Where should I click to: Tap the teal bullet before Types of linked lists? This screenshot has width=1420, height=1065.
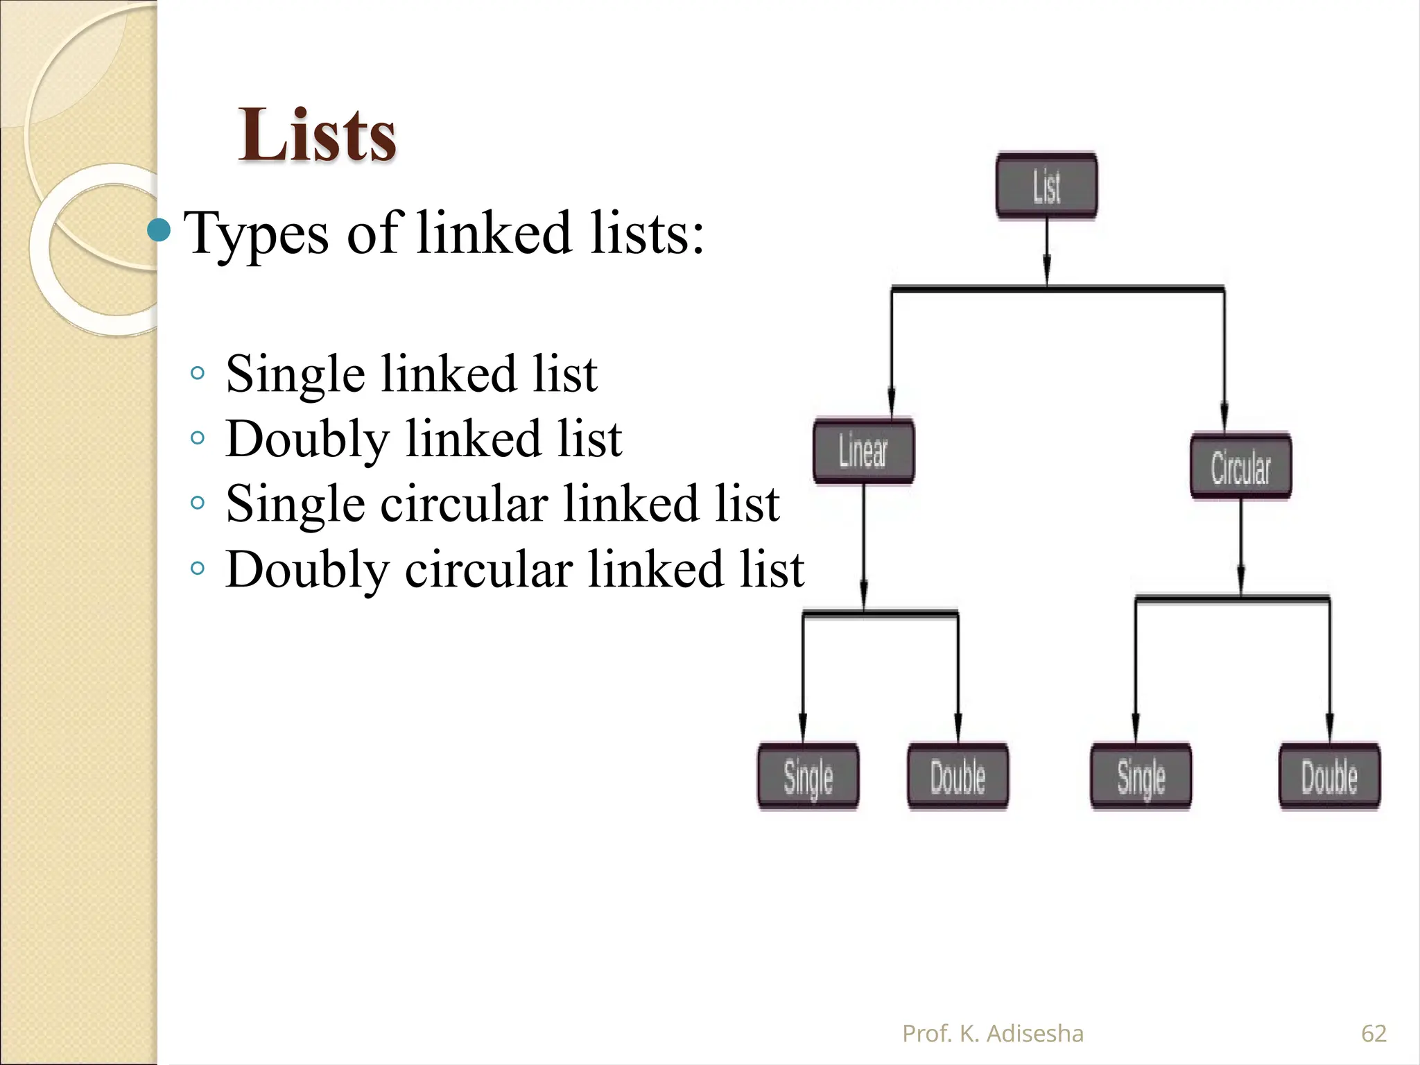coord(159,231)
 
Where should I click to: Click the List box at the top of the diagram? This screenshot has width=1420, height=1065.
coord(1046,186)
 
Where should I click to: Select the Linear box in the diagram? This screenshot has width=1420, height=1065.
coord(863,451)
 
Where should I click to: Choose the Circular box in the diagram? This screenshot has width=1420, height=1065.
coord(1240,467)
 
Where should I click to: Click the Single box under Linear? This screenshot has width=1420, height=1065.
coord(808,777)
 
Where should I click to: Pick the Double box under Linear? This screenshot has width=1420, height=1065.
coord(958,777)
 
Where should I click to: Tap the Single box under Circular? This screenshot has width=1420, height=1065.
coord(1141,777)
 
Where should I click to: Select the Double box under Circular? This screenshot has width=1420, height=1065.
coord(1329,777)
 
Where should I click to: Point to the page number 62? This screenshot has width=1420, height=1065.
coord(1374,1033)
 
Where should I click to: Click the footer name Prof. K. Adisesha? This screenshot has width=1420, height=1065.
coord(992,1033)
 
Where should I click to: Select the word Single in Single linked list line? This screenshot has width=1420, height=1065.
coord(295,375)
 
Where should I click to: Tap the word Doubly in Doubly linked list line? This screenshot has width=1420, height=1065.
coord(307,440)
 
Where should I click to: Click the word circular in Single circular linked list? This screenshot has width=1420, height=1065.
coord(464,504)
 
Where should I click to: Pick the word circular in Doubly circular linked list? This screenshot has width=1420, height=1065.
coord(488,569)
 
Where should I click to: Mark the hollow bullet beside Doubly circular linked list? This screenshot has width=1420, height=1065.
coord(198,569)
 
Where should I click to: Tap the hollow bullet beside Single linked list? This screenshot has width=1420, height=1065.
coord(198,373)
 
